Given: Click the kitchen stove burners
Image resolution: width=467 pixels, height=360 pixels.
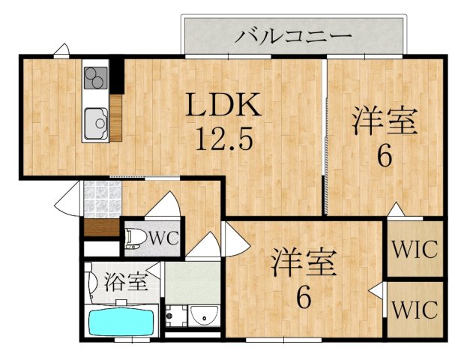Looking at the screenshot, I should [x=95, y=77].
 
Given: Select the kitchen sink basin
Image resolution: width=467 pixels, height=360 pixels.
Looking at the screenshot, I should [x=96, y=121].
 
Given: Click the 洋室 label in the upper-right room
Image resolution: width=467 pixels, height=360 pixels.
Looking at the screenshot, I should [x=385, y=122].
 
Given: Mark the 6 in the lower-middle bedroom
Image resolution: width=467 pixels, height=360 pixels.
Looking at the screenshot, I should [x=303, y=298].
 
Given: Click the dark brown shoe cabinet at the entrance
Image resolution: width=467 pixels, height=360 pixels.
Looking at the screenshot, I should [x=100, y=226].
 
